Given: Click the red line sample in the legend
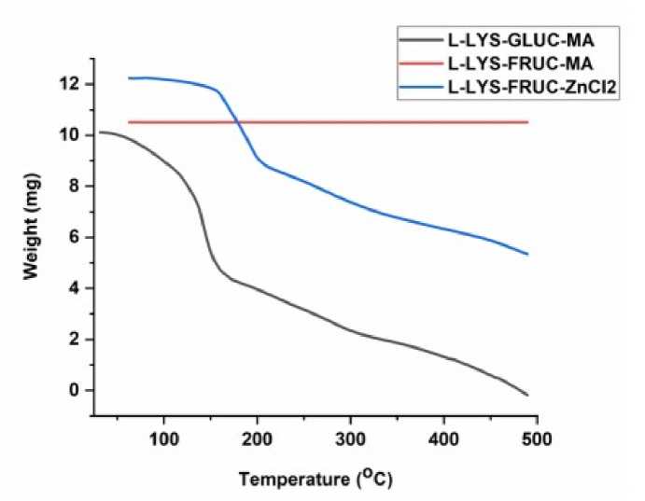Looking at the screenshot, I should tap(421, 66).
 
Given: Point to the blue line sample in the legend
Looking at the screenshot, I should tap(421, 90).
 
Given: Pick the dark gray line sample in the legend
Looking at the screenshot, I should tap(421, 42).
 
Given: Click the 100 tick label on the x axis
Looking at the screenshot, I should tap(164, 437).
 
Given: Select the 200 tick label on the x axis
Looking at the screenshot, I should tap(258, 437).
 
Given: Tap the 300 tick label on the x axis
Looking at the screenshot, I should tap(351, 437).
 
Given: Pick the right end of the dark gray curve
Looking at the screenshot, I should tap(528, 396).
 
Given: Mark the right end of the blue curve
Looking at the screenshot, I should tap(528, 254).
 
